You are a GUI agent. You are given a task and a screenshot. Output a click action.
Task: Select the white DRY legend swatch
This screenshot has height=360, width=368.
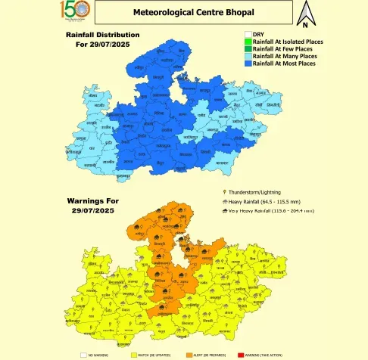(x=247, y=34)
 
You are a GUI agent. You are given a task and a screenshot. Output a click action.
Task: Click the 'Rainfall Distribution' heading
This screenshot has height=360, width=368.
(x=102, y=35)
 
